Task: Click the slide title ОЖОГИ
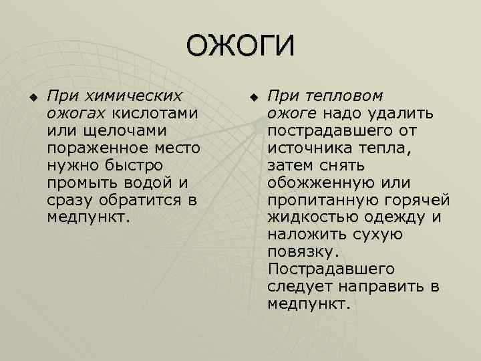pyautogui.click(x=240, y=46)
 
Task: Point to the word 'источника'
pyautogui.click(x=305, y=148)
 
